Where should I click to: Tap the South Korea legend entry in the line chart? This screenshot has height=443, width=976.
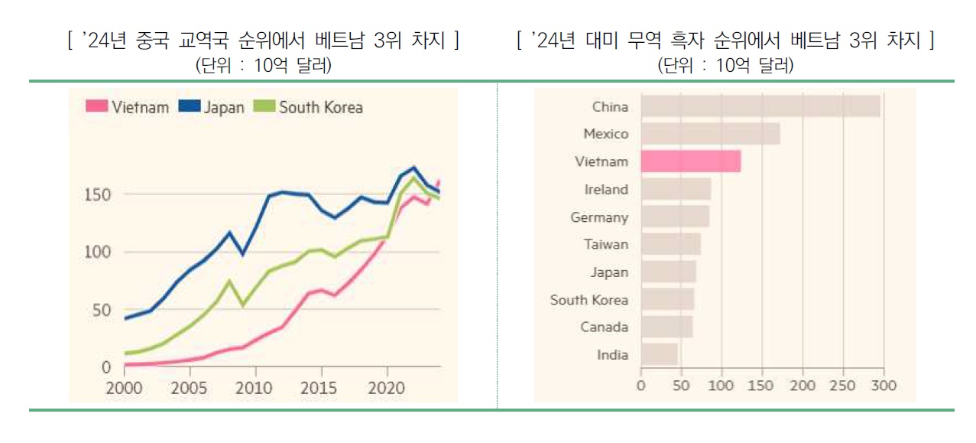tap(310, 107)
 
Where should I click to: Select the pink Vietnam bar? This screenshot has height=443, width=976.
tap(690, 161)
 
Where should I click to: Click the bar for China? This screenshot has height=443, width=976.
tap(760, 106)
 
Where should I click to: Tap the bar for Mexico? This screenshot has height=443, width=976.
tap(710, 134)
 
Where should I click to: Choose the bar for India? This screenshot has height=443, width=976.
tap(659, 354)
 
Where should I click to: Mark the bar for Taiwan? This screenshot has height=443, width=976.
tap(670, 244)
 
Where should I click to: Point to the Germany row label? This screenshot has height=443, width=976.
tap(599, 217)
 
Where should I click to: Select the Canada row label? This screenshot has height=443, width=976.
tap(604, 327)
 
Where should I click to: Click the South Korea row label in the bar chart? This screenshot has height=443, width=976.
tap(589, 300)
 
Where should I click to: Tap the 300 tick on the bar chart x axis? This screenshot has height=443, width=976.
tap(884, 385)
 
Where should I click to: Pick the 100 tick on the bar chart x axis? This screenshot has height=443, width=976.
tap(721, 385)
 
